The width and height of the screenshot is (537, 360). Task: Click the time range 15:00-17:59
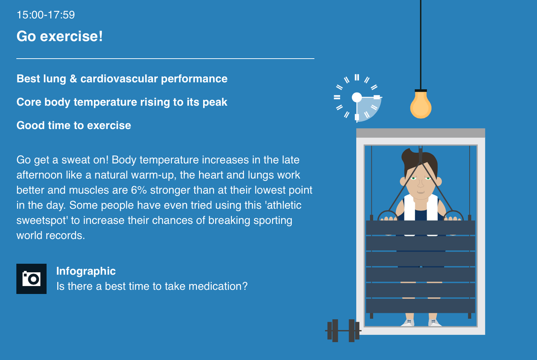46,15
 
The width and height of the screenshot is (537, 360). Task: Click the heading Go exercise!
60,36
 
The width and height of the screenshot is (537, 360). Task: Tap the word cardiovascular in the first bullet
119,79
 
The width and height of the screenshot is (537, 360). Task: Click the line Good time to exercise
73,125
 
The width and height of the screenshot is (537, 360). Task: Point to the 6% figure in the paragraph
139,190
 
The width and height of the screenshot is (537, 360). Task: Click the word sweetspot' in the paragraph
42,220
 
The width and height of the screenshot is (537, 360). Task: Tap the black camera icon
31,279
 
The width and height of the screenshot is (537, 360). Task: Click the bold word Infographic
86,271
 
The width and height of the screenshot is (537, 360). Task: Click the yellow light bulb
421,105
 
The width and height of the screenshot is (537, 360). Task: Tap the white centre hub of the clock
357,97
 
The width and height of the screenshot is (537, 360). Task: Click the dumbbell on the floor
343,330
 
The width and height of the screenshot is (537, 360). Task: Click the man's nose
421,184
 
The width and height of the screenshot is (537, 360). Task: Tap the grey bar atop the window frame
421,133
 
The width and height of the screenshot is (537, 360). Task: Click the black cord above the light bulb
421,45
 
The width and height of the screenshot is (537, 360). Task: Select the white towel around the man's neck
421,207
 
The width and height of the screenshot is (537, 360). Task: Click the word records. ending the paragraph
65,236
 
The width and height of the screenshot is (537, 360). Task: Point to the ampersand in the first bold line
73,79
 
